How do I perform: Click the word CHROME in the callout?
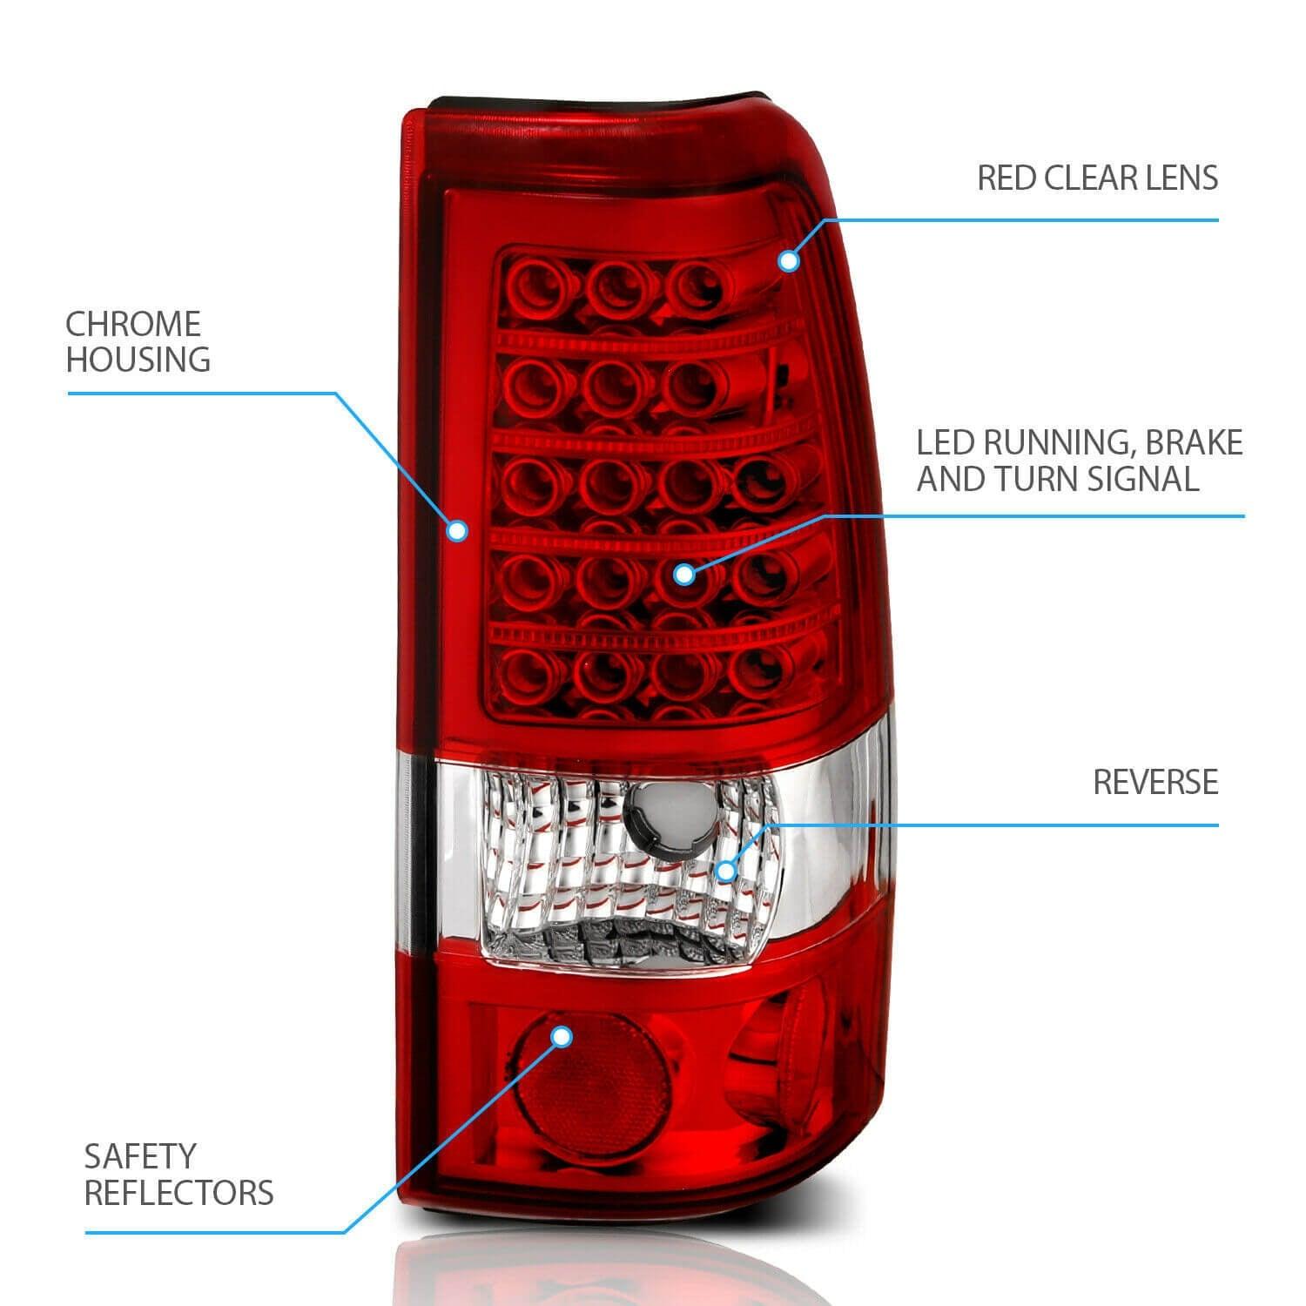tap(133, 324)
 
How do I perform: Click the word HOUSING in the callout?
tap(138, 360)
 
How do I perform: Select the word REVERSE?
tap(1155, 782)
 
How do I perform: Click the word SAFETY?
tap(140, 1157)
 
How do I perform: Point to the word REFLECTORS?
tap(178, 1193)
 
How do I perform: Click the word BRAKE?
tap(1194, 443)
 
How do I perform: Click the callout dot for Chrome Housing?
tap(457, 530)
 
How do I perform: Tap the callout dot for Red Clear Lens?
tap(789, 260)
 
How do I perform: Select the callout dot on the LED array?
tap(684, 574)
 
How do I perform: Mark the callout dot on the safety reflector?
tap(562, 1036)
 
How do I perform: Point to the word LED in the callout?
tap(947, 443)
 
